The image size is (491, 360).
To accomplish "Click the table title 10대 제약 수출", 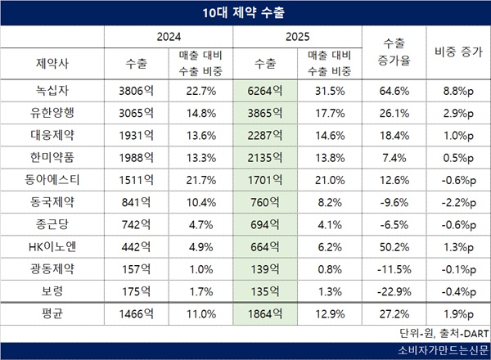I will tap(245, 13).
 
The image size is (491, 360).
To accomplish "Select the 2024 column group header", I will tap(169, 38).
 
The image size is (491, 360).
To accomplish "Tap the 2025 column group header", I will tap(297, 38).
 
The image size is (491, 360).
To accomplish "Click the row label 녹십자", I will tap(52, 91).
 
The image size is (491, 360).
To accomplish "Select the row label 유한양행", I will tap(52, 112).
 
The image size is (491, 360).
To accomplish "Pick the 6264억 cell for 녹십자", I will tap(264, 91).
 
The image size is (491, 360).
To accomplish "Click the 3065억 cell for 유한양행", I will tap(136, 112).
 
